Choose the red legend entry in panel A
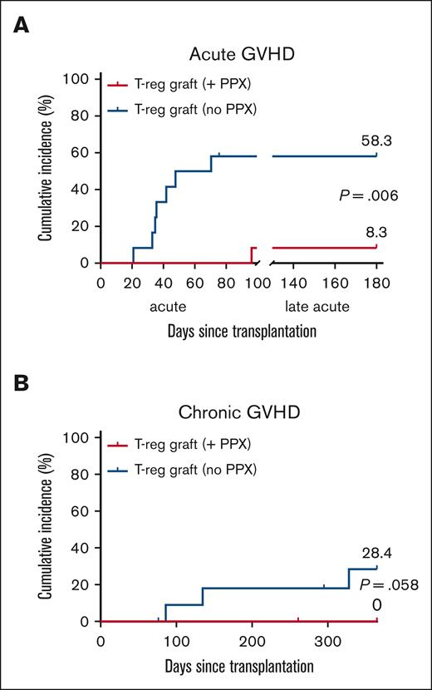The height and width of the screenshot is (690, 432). coord(167,83)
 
